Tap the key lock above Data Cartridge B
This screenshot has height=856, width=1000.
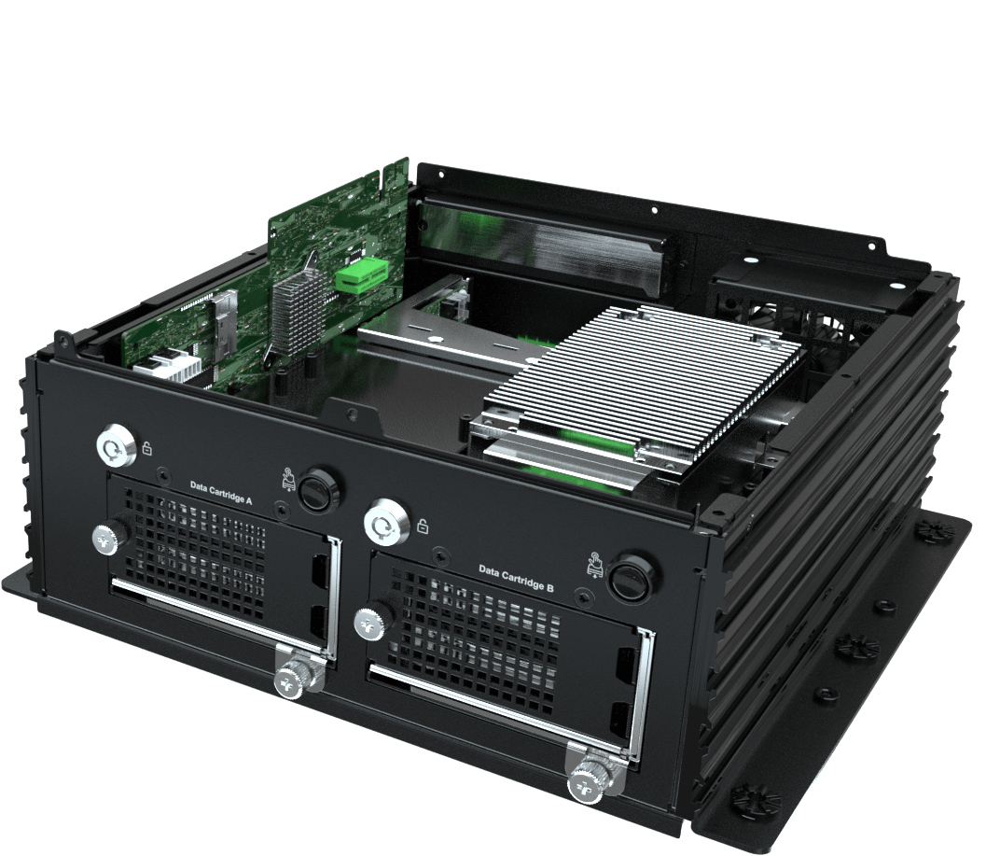(386, 523)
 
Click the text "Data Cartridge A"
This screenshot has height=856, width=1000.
(221, 493)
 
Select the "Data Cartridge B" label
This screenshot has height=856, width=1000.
(517, 578)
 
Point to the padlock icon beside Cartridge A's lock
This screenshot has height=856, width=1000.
(147, 448)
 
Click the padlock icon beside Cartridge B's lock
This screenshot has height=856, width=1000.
(423, 526)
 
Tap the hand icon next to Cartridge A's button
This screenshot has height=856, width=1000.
(288, 479)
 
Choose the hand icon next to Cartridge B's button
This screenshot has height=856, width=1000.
(595, 565)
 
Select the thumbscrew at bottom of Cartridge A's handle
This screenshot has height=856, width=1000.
(297, 679)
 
